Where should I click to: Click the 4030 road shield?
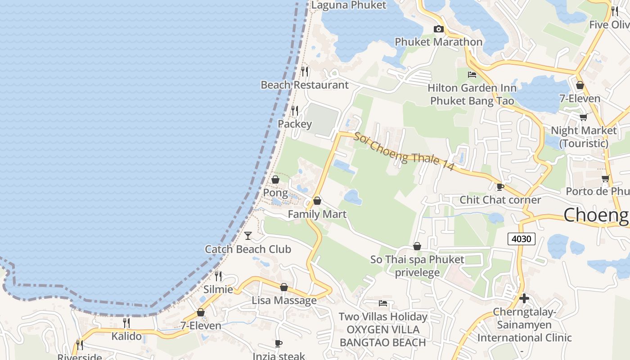click(x=522, y=238)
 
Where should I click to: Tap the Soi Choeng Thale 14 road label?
click(x=404, y=151)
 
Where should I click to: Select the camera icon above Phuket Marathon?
click(x=438, y=29)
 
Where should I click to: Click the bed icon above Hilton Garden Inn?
click(x=472, y=74)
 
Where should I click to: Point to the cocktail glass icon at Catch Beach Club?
click(x=247, y=235)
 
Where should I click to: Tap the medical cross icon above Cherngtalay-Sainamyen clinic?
click(x=524, y=298)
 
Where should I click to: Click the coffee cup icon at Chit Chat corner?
click(x=500, y=187)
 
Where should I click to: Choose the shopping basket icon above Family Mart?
click(x=317, y=201)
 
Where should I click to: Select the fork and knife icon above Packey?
click(x=295, y=110)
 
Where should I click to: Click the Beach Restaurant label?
click(x=305, y=85)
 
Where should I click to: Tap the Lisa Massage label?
click(x=284, y=301)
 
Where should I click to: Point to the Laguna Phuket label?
click(x=349, y=5)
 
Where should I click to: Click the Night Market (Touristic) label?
click(x=584, y=137)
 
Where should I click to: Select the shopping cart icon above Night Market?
click(x=583, y=117)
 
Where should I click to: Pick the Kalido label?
click(x=126, y=336)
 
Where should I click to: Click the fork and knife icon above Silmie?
click(x=218, y=276)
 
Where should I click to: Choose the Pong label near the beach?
click(x=275, y=193)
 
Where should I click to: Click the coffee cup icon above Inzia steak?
click(x=279, y=344)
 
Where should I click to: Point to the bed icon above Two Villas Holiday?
click(x=383, y=303)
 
